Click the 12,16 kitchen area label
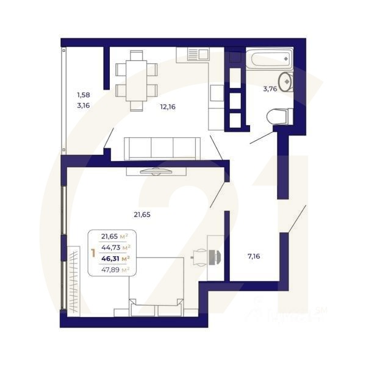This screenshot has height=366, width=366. [168, 107]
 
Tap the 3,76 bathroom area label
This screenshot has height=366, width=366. [270, 89]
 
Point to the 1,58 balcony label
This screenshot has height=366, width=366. [83, 95]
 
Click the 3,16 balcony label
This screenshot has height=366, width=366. [83, 106]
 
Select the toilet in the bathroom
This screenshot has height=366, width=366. [281, 115]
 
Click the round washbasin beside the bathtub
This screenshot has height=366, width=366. [285, 81]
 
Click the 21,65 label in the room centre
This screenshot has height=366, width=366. [142, 214]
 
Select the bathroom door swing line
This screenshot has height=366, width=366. [262, 137]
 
